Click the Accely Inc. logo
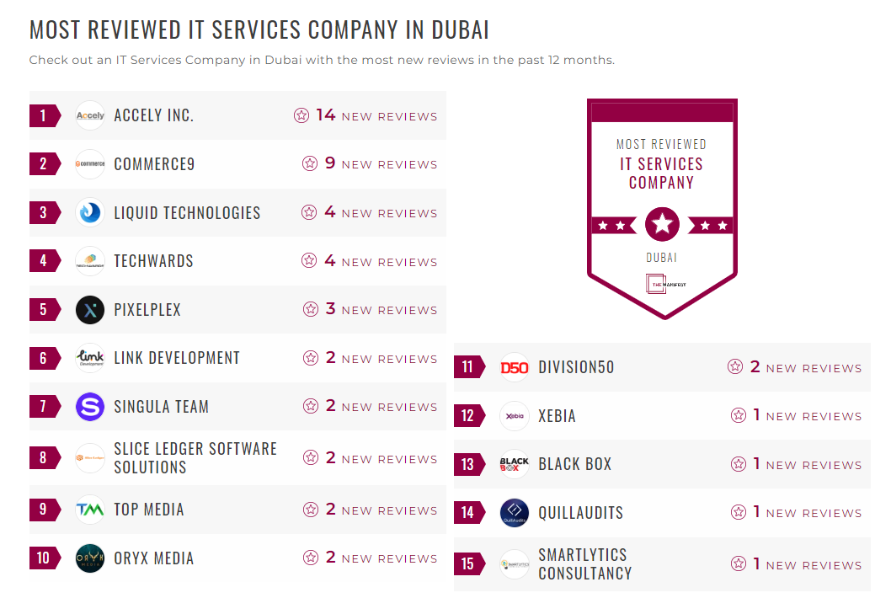(90, 115)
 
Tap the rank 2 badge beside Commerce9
(44, 164)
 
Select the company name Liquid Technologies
(187, 212)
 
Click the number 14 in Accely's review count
(326, 115)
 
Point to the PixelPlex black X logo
(90, 310)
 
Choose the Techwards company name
(153, 261)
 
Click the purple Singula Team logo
(90, 407)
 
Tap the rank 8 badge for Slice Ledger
(44, 458)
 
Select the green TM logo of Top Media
(90, 510)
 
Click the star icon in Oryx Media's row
(311, 558)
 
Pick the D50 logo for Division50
(514, 367)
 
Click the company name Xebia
(557, 416)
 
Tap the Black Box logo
(514, 464)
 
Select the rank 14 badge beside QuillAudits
(468, 512)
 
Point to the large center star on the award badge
(662, 225)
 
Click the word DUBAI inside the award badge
(662, 258)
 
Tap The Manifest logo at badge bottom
(662, 285)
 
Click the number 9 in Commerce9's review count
(330, 163)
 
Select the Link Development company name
(177, 358)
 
